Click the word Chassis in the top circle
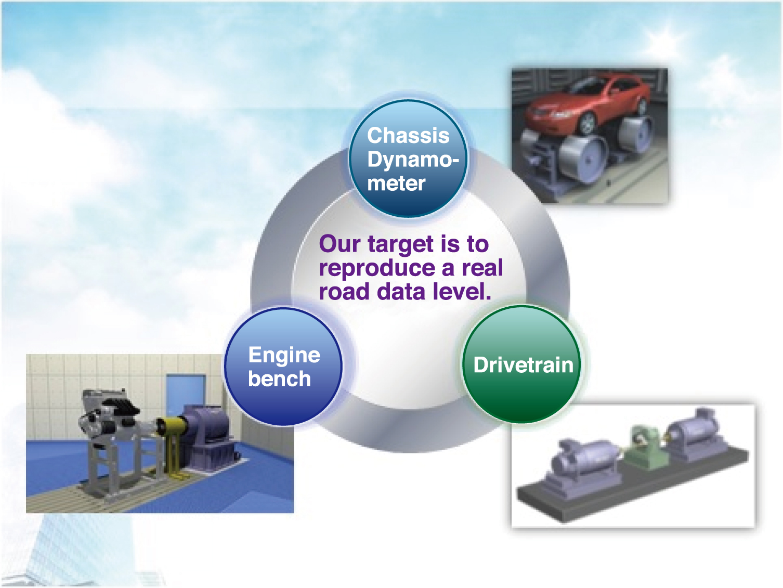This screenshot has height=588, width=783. click(408, 136)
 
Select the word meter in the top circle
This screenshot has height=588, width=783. click(396, 184)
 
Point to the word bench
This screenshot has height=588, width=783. click(279, 378)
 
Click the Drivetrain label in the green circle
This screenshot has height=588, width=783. click(524, 365)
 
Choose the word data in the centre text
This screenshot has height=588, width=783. click(400, 291)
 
